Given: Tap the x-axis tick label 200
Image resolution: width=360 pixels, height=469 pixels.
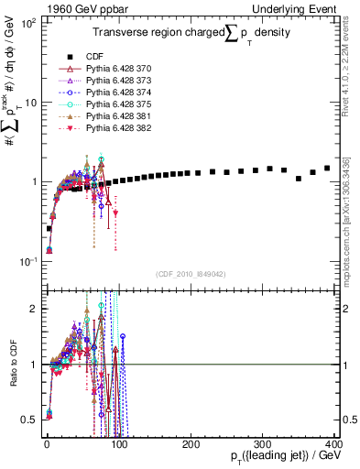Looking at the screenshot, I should pos(191,443).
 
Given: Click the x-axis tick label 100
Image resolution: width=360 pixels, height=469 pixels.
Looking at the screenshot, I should pos(118,443).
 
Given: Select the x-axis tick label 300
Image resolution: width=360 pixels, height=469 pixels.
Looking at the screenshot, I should pos(263,443).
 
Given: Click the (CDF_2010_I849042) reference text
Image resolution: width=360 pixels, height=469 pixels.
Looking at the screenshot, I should pos(191,274).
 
